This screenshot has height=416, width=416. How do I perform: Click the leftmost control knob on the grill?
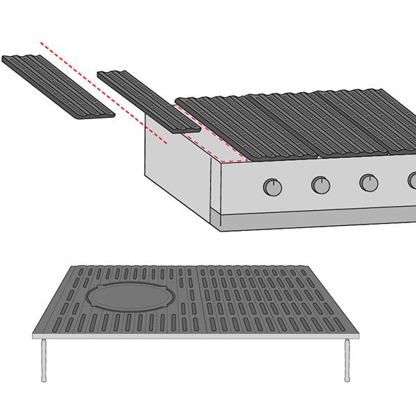click(x=273, y=187)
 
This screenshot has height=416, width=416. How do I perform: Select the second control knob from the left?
click(x=320, y=184)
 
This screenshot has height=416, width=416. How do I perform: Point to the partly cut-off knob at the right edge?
click(x=412, y=181)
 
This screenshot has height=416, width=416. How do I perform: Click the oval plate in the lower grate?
click(x=131, y=296)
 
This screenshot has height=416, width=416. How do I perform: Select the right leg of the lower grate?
click(x=347, y=359)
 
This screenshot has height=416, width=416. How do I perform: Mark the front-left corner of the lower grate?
click(x=35, y=335)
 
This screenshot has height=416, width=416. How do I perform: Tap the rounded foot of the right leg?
click(x=347, y=379)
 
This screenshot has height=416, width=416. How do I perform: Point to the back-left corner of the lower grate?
click(x=69, y=266)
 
